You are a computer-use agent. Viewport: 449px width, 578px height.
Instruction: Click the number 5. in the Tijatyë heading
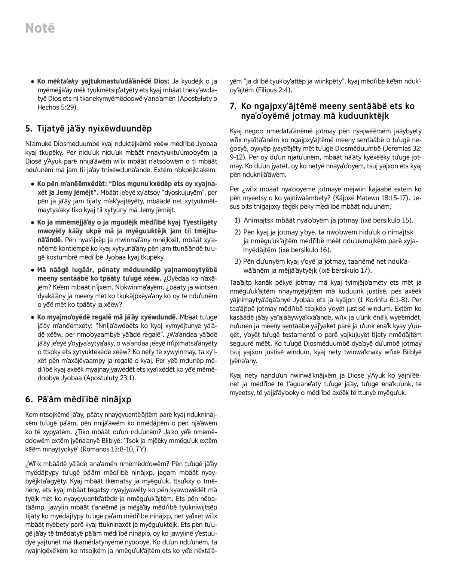coord(29,129)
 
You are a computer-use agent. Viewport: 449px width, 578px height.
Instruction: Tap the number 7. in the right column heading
coord(233,106)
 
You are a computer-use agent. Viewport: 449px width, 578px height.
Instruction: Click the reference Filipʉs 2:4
coord(274,90)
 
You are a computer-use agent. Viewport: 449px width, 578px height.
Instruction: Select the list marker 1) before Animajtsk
coord(238,221)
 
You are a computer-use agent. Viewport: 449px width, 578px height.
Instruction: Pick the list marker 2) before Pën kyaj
coord(238,232)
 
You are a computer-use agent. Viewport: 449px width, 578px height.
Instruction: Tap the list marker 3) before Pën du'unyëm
coord(238,261)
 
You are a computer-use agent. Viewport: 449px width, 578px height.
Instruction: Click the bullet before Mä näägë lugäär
coord(33,270)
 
